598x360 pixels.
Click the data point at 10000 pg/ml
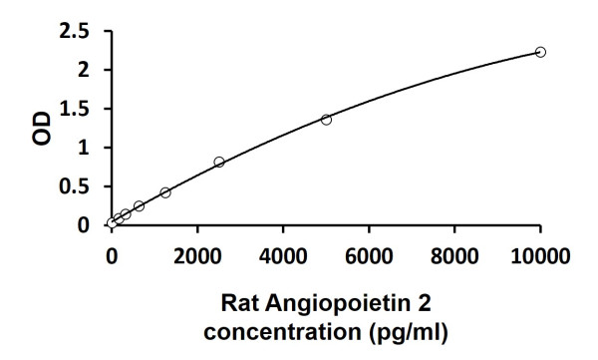(x=540, y=52)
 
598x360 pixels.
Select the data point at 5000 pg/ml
(x=326, y=120)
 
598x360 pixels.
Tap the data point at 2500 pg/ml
(x=219, y=162)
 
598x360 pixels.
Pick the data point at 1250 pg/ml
(x=165, y=192)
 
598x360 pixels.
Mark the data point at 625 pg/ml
(x=139, y=206)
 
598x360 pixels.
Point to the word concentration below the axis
(x=285, y=329)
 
